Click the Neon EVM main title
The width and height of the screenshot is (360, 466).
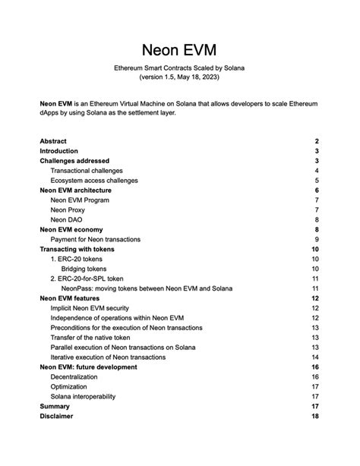(179, 50)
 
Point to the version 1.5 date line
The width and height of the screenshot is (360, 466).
(179, 78)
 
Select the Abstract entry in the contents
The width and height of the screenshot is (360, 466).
(53, 141)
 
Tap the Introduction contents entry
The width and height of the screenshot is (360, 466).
(58, 151)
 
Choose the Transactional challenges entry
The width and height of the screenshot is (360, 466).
(87, 171)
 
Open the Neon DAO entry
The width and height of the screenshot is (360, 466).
(68, 220)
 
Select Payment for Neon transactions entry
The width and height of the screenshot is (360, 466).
(95, 240)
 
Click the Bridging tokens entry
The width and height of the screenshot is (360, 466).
(84, 269)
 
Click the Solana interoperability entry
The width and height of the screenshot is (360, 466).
(84, 397)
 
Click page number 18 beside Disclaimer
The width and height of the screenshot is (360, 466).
(314, 417)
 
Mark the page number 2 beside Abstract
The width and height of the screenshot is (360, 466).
(316, 141)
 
